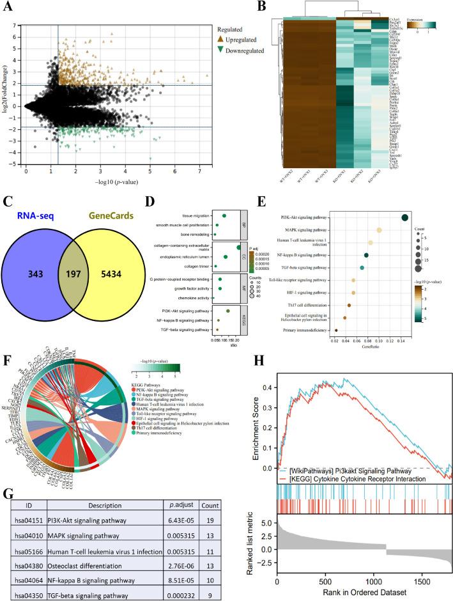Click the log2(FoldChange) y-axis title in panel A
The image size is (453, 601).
[6, 95]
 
